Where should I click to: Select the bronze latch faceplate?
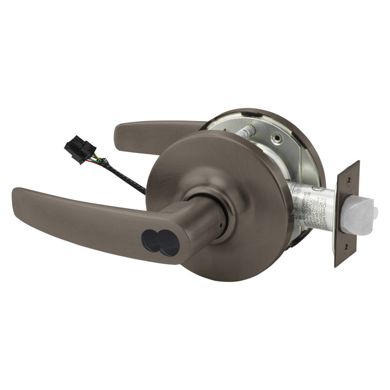[347, 214]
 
